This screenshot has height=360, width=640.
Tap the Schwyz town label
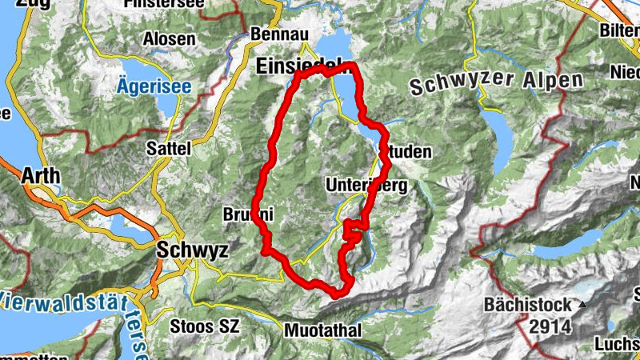(x=192, y=250)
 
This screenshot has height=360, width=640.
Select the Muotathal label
(x=322, y=330)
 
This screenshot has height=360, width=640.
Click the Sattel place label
(x=170, y=148)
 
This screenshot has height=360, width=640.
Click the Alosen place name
(x=168, y=38)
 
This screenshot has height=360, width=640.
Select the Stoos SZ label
(x=203, y=326)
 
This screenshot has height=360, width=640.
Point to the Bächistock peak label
(x=527, y=305)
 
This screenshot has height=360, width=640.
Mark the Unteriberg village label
(x=366, y=186)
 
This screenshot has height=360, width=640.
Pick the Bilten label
(x=619, y=31)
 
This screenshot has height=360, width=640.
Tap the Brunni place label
(x=249, y=214)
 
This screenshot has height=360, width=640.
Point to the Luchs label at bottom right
(x=617, y=344)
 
